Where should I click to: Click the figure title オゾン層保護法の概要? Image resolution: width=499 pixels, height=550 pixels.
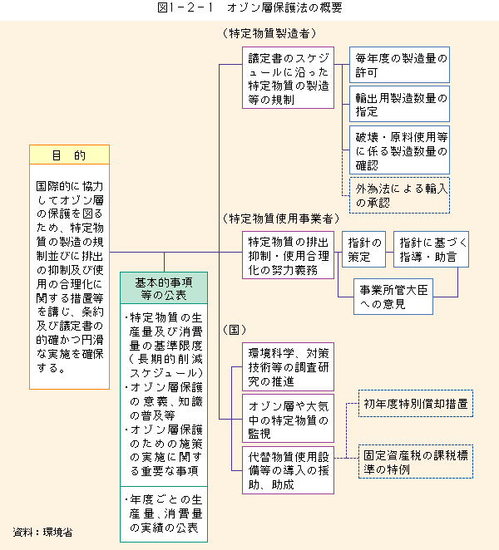[249, 7]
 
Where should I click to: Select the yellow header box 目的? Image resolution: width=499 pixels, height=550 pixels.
[70, 155]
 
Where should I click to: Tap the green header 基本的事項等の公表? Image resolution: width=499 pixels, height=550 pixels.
[164, 288]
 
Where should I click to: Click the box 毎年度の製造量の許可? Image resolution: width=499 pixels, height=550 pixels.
[400, 65]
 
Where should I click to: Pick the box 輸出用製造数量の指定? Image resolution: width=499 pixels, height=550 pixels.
[400, 104]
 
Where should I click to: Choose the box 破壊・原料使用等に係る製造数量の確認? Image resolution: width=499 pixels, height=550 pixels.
[400, 150]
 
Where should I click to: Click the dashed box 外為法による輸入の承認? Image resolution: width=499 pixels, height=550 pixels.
[400, 195]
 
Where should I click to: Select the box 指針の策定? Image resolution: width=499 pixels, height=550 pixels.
[363, 249]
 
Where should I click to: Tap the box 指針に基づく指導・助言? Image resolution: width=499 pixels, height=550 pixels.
[432, 249]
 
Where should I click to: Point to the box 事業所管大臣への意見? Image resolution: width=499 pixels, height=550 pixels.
[393, 297]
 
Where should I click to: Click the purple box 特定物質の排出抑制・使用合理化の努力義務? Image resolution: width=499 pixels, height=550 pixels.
[288, 255]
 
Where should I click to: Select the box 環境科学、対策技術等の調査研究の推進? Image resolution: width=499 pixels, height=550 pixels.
[288, 367]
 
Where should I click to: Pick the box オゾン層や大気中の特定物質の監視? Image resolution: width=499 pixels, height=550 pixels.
[288, 419]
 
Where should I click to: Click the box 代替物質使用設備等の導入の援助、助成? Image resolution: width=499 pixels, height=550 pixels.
[288, 470]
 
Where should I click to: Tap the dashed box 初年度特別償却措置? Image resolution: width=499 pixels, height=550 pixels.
[416, 404]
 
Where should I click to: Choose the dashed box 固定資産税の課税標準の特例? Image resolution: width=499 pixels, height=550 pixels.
[416, 462]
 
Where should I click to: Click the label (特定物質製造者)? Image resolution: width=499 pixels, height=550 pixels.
[269, 33]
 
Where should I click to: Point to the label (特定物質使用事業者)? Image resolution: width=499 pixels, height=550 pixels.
[281, 219]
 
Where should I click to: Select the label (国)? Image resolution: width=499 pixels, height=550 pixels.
[235, 329]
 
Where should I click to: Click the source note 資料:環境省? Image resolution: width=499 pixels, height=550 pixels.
[42, 532]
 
